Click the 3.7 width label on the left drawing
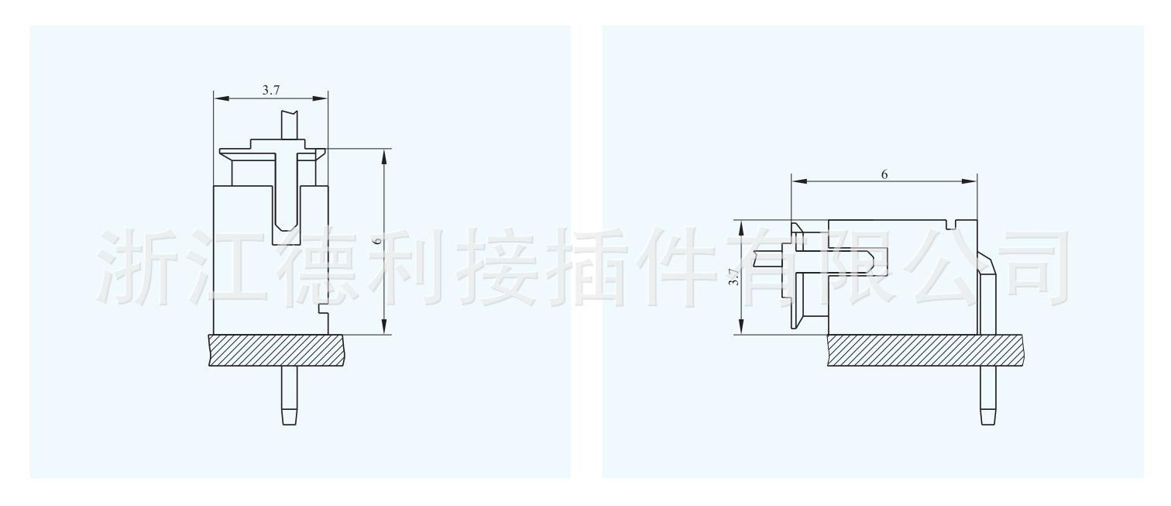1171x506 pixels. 270,90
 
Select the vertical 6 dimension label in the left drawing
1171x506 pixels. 377,242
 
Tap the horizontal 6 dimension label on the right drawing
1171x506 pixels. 884,174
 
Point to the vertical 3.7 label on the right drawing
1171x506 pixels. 733,277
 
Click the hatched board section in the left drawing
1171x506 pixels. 276,350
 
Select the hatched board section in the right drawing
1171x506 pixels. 925,350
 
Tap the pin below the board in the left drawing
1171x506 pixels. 289,394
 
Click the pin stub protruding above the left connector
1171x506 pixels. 289,124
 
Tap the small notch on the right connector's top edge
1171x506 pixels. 951,225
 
